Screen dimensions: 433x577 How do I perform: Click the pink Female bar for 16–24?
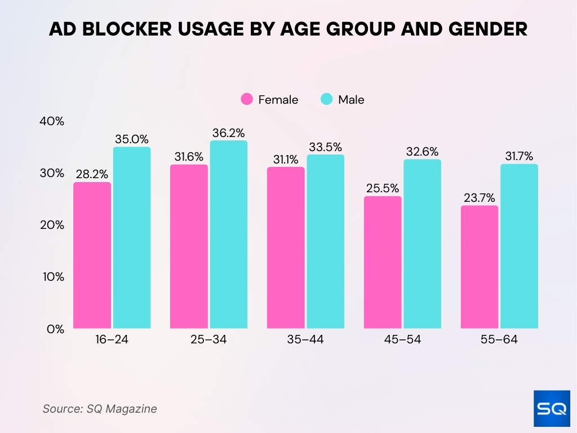click(x=92, y=255)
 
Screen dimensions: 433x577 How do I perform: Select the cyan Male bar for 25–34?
click(x=229, y=235)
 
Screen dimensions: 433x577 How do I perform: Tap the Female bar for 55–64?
click(x=480, y=267)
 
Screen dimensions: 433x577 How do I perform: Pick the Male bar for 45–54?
click(x=422, y=244)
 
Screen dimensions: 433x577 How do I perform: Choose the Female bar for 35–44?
click(x=286, y=248)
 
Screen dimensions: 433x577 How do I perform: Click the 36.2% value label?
click(x=229, y=133)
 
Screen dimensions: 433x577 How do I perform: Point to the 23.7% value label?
click(x=480, y=198)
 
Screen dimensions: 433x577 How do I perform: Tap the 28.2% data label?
click(x=92, y=174)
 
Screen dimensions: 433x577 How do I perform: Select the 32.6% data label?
click(x=422, y=152)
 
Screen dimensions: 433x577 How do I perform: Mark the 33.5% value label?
click(x=325, y=147)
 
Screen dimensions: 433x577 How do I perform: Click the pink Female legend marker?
click(x=247, y=100)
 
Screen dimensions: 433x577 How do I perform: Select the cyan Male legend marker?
click(x=327, y=100)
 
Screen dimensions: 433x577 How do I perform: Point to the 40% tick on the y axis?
click(x=52, y=121)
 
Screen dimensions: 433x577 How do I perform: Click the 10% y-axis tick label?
click(x=52, y=277)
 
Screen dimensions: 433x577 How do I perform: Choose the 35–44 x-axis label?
click(x=305, y=340)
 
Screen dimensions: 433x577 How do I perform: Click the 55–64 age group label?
click(x=499, y=340)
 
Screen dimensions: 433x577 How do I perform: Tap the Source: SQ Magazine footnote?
click(x=100, y=409)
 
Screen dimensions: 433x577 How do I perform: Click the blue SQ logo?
click(x=551, y=408)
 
